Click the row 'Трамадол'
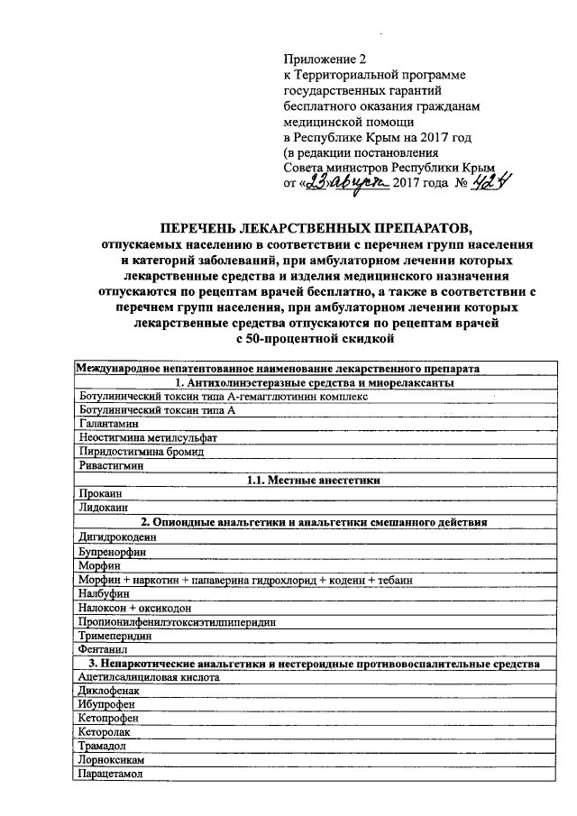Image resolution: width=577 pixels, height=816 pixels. (x=100, y=747)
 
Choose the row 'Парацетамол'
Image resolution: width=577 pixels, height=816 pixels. (x=106, y=775)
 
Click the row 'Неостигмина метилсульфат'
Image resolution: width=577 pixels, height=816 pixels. (x=135, y=438)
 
